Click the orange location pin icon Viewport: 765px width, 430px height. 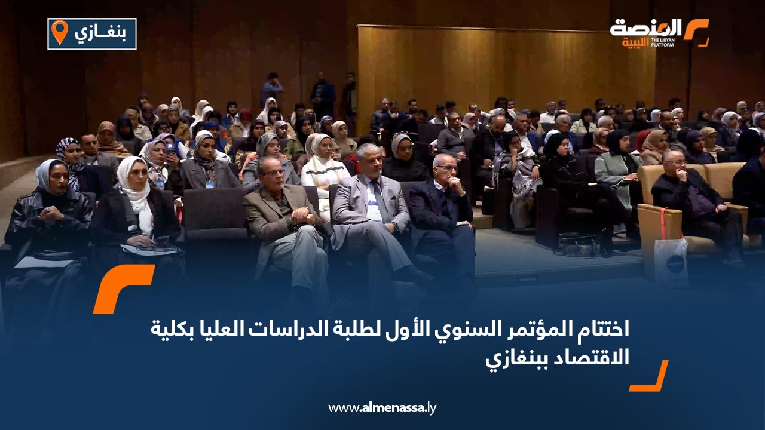(x=60, y=32)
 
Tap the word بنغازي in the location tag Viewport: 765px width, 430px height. (x=100, y=33)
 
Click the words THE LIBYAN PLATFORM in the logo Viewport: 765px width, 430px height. (x=663, y=42)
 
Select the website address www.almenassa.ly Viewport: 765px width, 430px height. (x=382, y=408)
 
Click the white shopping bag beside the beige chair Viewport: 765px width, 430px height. (x=671, y=262)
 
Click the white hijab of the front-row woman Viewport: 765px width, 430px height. (x=135, y=191)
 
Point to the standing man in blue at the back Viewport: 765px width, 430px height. (x=271, y=90)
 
